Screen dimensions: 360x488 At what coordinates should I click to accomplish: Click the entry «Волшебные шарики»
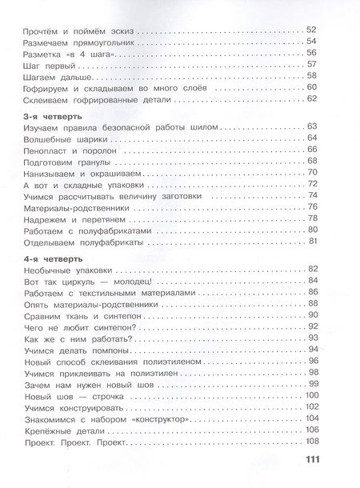point(52,138)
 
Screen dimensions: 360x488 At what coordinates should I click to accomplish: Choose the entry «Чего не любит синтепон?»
point(65,326)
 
